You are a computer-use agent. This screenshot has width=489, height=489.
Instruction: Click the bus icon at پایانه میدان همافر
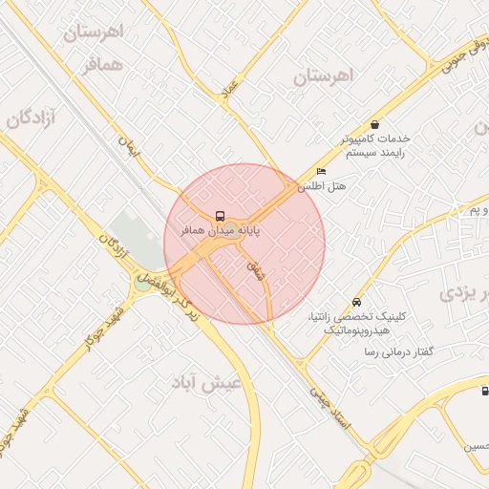221,216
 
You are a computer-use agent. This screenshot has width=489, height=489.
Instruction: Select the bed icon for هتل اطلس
320,172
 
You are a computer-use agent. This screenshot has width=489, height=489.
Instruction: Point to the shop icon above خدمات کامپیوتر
374,124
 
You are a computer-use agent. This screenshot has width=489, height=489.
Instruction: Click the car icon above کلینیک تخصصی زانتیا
357,301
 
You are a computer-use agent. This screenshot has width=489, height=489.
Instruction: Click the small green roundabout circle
142,283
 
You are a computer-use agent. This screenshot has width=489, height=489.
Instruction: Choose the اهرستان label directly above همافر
95,32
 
